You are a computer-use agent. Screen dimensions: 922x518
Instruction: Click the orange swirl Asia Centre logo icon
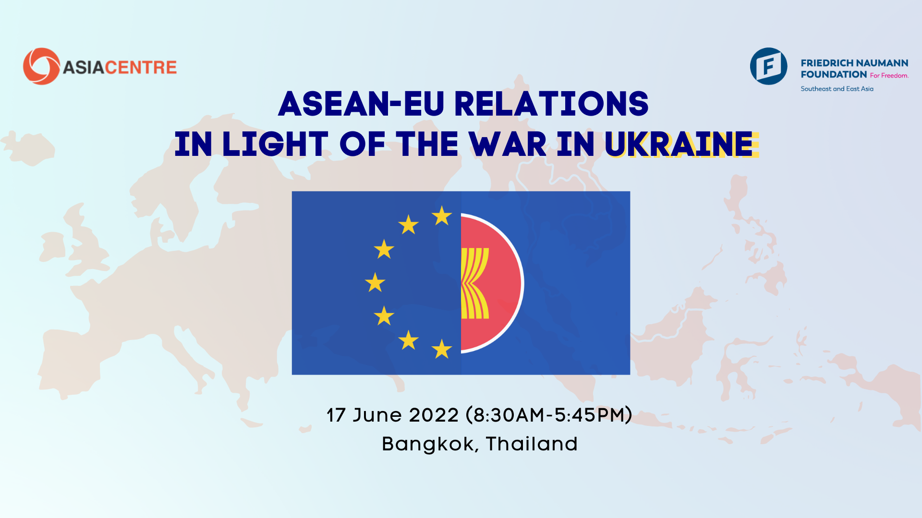41,66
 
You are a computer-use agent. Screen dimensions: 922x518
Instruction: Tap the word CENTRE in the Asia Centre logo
141,68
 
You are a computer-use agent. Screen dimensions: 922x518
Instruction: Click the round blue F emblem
768,66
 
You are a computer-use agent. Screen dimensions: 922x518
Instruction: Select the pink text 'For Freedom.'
889,75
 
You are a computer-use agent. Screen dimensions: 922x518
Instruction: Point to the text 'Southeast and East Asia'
837,89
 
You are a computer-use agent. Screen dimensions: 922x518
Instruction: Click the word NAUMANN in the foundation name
882,63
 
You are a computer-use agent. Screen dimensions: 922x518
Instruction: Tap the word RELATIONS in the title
551,104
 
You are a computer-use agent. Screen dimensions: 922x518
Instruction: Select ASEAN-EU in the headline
361,104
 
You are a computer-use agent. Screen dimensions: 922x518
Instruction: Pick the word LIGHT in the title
275,144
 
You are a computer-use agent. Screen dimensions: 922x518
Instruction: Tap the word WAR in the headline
508,144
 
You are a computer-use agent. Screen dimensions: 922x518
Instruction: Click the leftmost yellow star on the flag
375,283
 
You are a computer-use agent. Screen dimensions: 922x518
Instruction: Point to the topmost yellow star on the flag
442,216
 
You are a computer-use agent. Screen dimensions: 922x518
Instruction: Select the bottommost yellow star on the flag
442,349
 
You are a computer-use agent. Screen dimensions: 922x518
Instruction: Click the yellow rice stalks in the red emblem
474,283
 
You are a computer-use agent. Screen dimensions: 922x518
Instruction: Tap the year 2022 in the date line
434,415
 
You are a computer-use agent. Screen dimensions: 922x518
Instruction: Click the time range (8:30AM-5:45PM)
549,415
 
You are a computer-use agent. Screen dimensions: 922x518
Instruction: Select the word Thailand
532,444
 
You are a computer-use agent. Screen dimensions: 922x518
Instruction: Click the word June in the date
377,415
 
